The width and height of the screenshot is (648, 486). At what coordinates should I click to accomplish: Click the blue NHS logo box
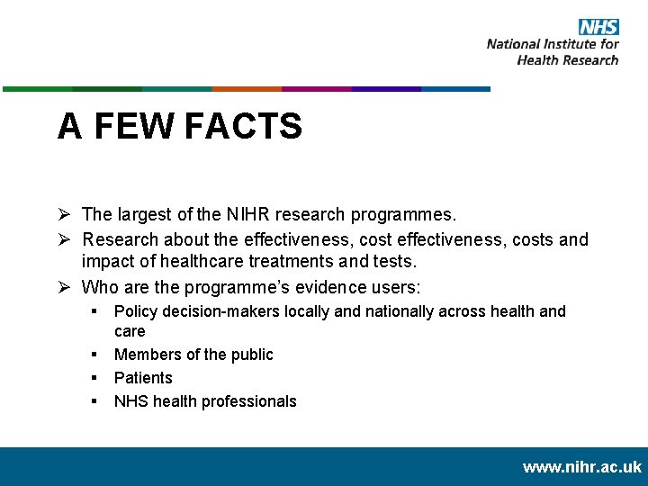pyautogui.click(x=598, y=27)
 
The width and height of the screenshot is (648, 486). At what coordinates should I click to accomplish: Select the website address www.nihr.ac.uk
pyautogui.click(x=581, y=467)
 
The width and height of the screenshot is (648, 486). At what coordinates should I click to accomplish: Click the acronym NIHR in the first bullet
pyautogui.click(x=247, y=215)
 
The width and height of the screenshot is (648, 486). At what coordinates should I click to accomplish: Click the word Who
pyautogui.click(x=99, y=287)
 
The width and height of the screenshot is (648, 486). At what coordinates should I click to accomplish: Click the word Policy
pyautogui.click(x=135, y=311)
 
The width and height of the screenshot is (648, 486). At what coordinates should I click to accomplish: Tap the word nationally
pyautogui.click(x=389, y=311)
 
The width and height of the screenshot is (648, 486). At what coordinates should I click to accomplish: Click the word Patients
pyautogui.click(x=143, y=378)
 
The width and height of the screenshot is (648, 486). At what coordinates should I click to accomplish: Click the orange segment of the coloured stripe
pyautogui.click(x=247, y=89)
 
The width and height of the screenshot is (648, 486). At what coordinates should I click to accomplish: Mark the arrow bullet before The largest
pyautogui.click(x=65, y=215)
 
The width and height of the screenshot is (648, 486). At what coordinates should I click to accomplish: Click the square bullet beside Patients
pyautogui.click(x=94, y=378)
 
